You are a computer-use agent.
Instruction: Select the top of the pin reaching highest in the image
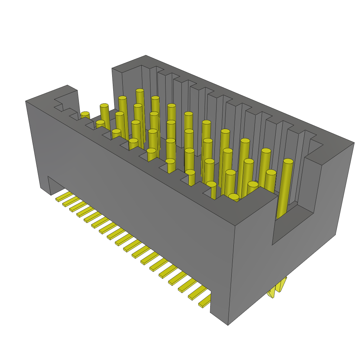140,91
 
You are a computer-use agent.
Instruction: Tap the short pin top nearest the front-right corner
234,197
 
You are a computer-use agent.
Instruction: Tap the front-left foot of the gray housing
46,188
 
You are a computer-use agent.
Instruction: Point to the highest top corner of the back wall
146,56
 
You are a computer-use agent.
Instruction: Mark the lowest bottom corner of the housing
228,325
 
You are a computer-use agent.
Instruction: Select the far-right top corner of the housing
354,143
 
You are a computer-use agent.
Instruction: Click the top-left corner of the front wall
26,101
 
